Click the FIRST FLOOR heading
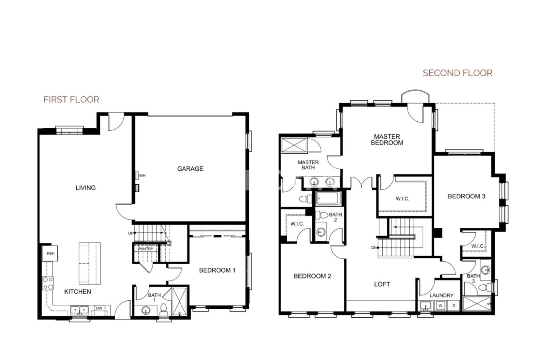(x=71, y=100)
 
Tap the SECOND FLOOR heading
(x=458, y=73)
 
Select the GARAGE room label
(x=190, y=169)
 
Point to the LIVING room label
(x=86, y=188)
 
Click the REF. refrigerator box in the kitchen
(x=50, y=253)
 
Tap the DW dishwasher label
(x=99, y=308)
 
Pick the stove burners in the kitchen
(x=48, y=283)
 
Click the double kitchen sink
(x=79, y=310)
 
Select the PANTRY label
(x=145, y=249)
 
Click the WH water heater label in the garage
(x=143, y=176)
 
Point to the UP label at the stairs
(x=131, y=233)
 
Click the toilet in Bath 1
(x=164, y=310)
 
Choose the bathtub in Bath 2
(x=328, y=199)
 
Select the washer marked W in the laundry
(x=440, y=306)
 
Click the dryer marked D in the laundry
(x=454, y=306)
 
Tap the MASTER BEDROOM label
(x=387, y=140)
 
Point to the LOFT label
(x=382, y=284)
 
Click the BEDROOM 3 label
(x=467, y=196)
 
